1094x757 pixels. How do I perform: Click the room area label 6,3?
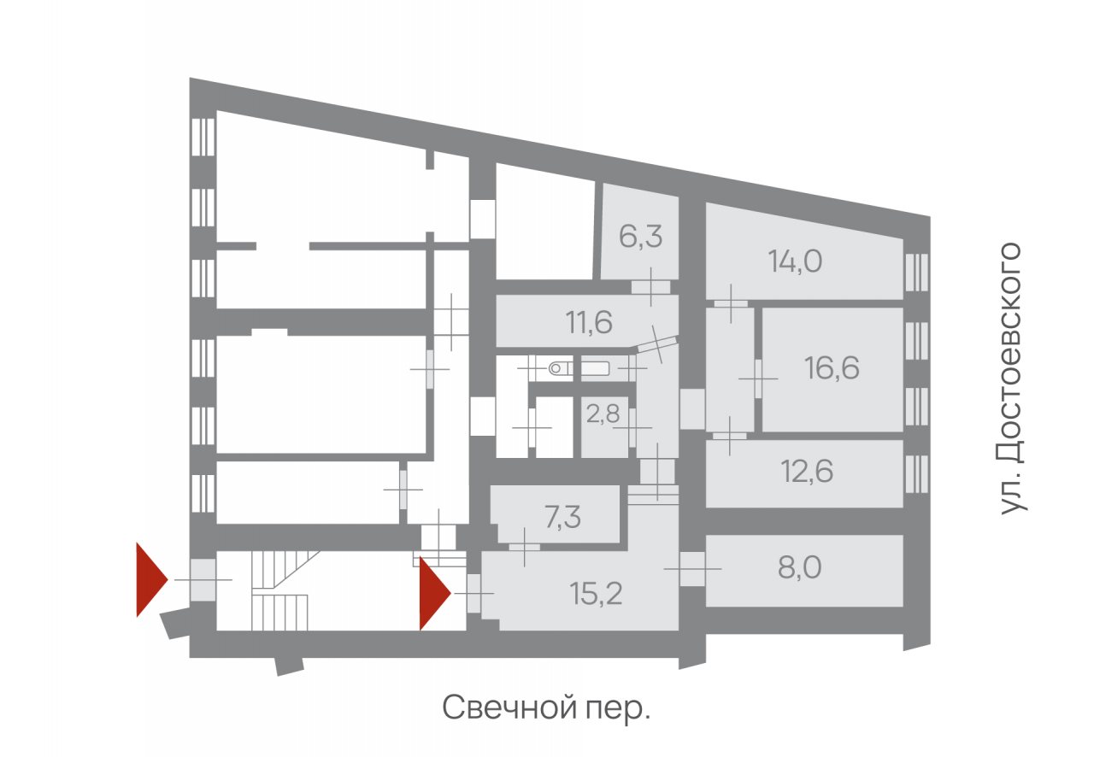[640, 237]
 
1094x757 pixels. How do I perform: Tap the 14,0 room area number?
[795, 261]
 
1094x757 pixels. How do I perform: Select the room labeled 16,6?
[832, 368]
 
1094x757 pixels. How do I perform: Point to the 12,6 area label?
[807, 472]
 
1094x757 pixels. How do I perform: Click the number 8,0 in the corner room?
[799, 567]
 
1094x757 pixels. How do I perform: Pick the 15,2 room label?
[596, 595]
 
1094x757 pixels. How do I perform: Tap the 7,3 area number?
[562, 518]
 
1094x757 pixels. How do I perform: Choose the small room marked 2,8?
[603, 414]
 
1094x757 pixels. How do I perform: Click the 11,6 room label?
[589, 323]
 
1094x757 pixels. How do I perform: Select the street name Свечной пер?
[546, 708]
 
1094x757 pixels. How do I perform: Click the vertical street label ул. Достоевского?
[1012, 378]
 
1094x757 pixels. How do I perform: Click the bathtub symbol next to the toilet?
[596, 368]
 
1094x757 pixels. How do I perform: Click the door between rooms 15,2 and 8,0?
[692, 569]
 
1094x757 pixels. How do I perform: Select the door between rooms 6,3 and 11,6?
[650, 287]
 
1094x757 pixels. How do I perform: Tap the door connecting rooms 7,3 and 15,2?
[525, 547]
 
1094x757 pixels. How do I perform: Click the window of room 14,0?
[916, 273]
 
